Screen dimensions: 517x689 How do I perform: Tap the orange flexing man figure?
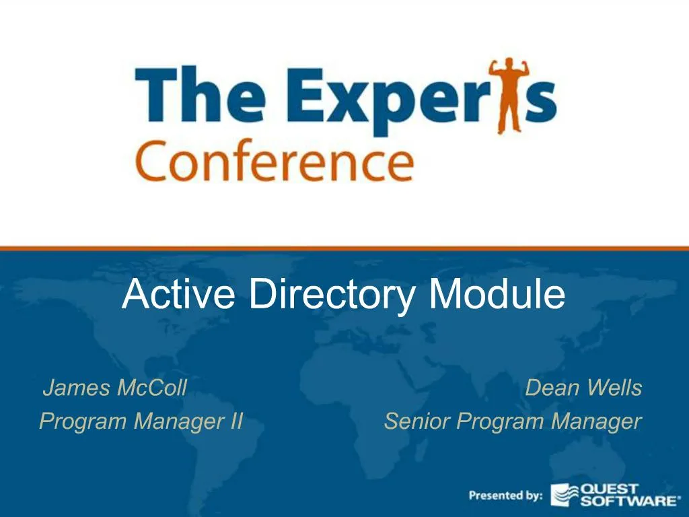[x=509, y=96]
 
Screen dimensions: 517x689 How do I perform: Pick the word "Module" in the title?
[x=497, y=294]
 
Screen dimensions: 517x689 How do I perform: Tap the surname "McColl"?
[x=151, y=388]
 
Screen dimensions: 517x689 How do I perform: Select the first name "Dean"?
[x=552, y=388]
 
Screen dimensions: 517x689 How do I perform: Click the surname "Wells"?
[x=614, y=388]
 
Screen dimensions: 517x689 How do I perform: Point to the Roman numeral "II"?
[x=234, y=421]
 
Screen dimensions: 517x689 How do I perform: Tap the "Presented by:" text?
[x=505, y=495]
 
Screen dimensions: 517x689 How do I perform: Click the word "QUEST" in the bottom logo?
[x=609, y=489]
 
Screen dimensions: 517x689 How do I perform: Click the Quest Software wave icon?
[x=565, y=495]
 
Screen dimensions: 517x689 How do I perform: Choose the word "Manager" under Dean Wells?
[x=596, y=421]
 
